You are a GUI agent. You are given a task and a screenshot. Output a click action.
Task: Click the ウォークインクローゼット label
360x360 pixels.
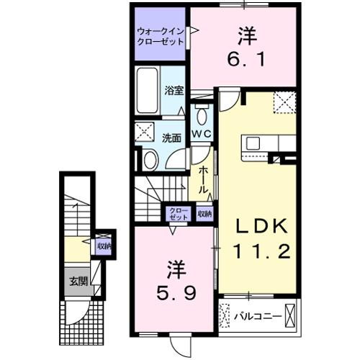coord(159,36)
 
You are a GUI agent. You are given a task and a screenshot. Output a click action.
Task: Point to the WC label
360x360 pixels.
coord(200,135)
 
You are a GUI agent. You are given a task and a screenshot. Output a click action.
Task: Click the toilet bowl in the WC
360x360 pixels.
coord(201,115)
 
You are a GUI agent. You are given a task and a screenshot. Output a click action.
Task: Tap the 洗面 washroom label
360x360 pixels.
coord(171,136)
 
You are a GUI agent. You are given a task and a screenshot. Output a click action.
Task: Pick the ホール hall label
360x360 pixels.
coord(204,179)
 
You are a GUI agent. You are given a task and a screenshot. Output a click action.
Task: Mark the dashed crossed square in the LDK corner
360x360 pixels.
coord(285,103)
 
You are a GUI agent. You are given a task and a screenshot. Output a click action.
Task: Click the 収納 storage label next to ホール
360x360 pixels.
coord(204,214)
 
